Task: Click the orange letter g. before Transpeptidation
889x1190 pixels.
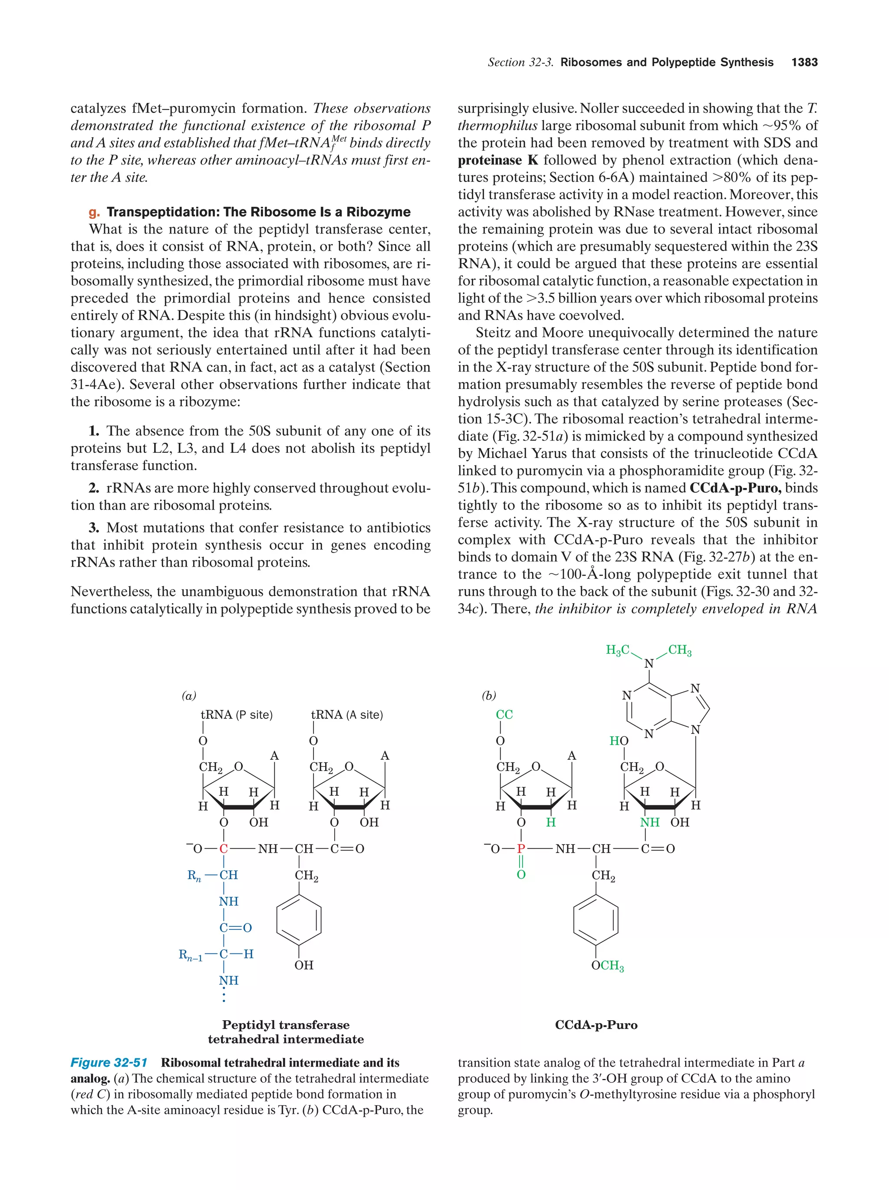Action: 94,212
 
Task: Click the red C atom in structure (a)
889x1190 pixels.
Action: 224,849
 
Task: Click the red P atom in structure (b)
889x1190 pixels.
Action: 520,849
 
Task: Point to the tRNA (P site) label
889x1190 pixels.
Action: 236,715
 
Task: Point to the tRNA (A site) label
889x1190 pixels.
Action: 347,715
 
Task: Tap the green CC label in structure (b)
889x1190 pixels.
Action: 504,715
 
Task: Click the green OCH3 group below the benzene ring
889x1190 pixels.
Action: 607,966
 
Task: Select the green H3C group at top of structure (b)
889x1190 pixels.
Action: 617,650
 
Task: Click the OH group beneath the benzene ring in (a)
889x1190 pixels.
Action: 303,965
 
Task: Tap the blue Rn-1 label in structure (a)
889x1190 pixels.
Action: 191,955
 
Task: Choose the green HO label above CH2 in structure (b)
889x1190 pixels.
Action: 619,741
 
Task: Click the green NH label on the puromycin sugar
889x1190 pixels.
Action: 649,823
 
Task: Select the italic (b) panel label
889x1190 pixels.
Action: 488,696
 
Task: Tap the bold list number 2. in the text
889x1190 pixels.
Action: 94,488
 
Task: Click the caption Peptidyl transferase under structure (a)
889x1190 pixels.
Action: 286,1025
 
